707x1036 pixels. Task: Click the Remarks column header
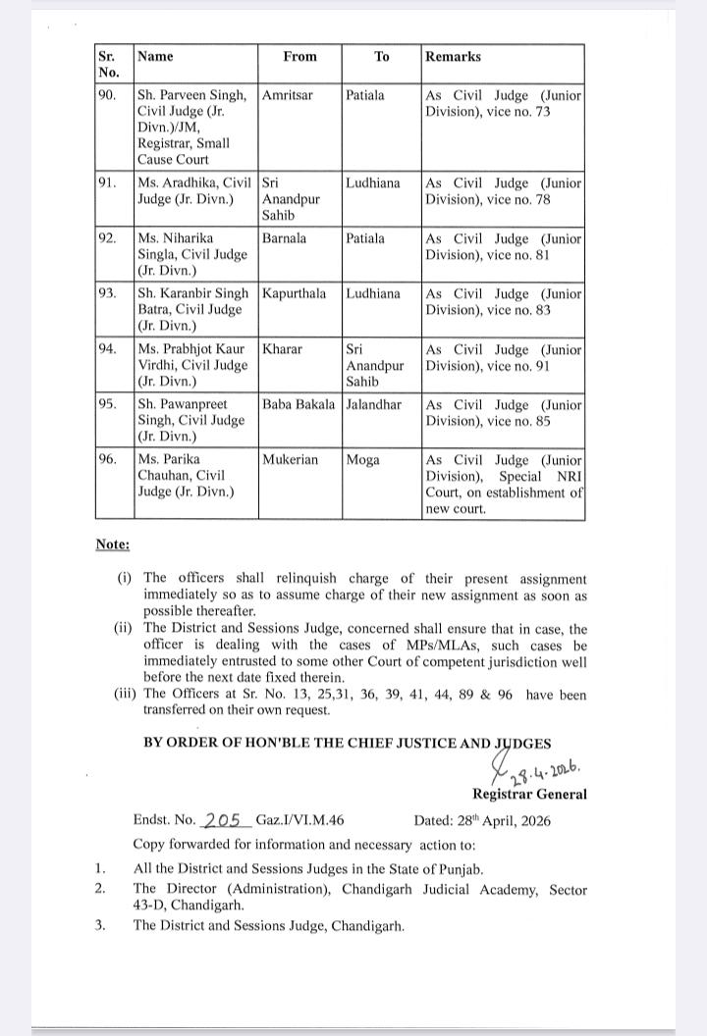[x=453, y=57]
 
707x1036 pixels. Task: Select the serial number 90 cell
[x=108, y=96]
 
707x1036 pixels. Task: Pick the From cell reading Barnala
[x=284, y=238]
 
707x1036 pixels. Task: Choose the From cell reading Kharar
[x=281, y=349]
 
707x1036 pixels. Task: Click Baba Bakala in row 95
[x=299, y=404]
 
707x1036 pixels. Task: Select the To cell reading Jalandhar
[x=373, y=404]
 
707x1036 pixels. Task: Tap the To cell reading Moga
[x=362, y=459]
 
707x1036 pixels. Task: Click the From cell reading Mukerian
[x=290, y=459]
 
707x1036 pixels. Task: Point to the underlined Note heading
[x=112, y=544]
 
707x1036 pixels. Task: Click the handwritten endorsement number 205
[x=223, y=820]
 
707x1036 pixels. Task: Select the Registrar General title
[x=529, y=794]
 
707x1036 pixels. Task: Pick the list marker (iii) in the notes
[x=127, y=695]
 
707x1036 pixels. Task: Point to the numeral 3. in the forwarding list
[x=100, y=924]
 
